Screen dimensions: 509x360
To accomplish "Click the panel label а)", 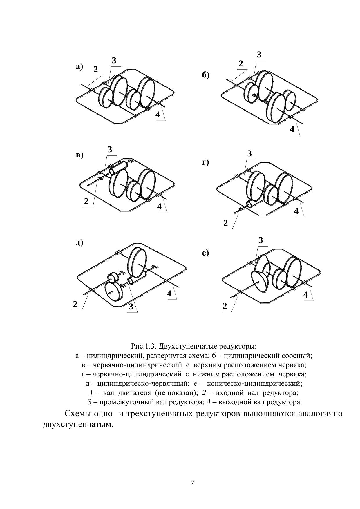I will (x=79, y=67).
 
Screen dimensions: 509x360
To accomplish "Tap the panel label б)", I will (x=205, y=75).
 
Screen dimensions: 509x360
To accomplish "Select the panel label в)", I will (x=79, y=155).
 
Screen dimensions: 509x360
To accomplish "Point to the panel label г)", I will (x=205, y=162).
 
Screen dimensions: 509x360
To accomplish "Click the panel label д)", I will (x=79, y=242).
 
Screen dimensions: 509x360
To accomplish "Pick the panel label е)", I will (x=205, y=253).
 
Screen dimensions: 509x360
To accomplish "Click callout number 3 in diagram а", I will (x=114, y=61).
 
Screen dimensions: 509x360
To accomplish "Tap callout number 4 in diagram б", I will (x=292, y=129).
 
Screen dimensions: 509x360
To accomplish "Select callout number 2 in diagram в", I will (x=86, y=201).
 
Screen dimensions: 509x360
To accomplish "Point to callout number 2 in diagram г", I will (x=225, y=223).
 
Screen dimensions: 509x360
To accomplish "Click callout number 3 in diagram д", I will (x=131, y=307).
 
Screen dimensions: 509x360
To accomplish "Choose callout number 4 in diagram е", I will (x=305, y=295).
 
